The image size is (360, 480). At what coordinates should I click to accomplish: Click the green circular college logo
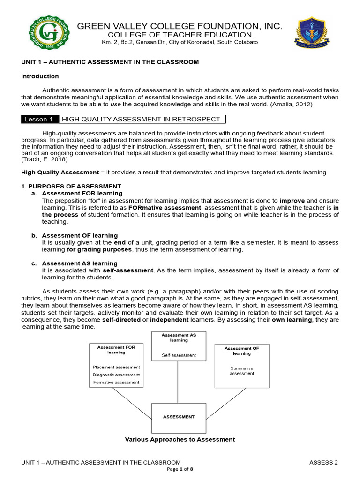[49, 34]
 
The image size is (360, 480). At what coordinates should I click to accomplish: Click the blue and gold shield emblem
[312, 34]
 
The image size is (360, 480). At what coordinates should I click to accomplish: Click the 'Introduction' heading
[40, 76]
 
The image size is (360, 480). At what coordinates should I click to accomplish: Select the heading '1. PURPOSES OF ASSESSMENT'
[71, 186]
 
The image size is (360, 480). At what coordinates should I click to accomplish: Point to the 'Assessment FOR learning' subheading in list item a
[82, 193]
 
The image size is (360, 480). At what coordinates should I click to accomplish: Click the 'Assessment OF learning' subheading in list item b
[80, 235]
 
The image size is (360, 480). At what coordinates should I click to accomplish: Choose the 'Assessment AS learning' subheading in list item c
[80, 263]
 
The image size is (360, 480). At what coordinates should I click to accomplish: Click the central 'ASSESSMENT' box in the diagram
[179, 416]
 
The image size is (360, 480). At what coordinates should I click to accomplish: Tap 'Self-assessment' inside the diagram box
[179, 355]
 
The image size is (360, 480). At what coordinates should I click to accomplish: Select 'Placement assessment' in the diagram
[116, 367]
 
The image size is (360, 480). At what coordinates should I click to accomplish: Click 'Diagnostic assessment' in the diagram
[116, 375]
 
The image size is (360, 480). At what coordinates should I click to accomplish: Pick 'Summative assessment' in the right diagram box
[242, 371]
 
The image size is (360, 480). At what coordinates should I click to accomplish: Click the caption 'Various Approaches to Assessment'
[180, 439]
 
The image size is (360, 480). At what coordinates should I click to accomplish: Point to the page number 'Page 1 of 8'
[180, 469]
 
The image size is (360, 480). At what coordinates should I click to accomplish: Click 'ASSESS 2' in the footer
[323, 463]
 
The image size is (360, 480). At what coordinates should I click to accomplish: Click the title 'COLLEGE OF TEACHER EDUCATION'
[180, 35]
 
